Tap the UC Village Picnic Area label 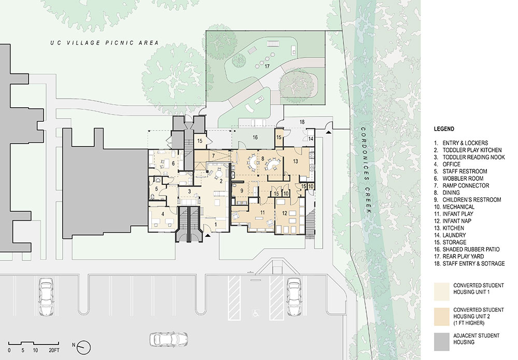coord(105,42)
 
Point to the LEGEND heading coord(444,129)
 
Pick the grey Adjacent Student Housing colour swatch coord(442,341)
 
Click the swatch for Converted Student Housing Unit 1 coord(442,291)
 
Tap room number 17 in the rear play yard coord(267,66)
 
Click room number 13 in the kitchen coord(295,161)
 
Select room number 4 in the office coord(163,214)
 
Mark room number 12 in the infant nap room coord(284,213)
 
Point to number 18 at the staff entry coord(302,122)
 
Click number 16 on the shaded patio coord(255,137)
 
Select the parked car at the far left coord(46,297)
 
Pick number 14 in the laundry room coord(310,139)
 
